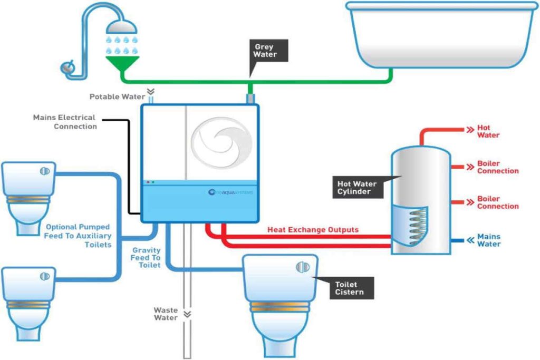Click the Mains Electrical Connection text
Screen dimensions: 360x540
click(65, 122)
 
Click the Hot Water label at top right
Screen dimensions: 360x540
click(488, 131)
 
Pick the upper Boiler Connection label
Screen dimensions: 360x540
click(497, 167)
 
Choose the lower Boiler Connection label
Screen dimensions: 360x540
click(497, 202)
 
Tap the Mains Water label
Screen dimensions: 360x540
click(488, 240)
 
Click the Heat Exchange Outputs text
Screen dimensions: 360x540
click(313, 230)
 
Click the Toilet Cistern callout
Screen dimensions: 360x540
click(350, 288)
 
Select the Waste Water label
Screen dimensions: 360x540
click(166, 314)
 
